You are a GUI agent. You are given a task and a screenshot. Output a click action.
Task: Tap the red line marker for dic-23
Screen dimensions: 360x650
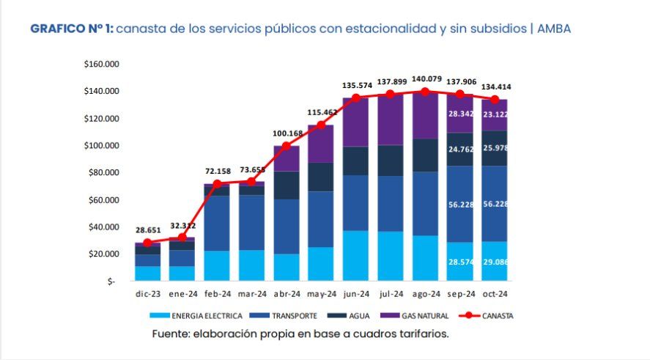point(147,243)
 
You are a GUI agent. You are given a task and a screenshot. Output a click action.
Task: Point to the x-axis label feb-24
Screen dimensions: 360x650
point(217,293)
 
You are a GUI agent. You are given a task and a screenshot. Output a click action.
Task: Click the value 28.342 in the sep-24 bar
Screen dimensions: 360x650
point(459,114)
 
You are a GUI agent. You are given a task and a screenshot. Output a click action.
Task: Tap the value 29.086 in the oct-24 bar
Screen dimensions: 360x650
point(495,261)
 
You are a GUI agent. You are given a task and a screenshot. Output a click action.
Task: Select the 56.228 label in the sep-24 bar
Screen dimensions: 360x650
point(459,205)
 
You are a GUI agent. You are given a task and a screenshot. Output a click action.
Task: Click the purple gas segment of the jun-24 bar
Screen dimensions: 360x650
point(355,122)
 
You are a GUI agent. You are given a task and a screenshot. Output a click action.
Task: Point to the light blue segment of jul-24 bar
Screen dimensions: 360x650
point(391,256)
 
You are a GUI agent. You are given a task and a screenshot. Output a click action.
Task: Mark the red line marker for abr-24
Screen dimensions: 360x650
point(287,147)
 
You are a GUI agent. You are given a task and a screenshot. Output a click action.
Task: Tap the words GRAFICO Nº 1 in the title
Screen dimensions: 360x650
point(71,29)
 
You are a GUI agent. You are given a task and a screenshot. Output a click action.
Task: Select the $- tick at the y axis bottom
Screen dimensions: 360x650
point(111,282)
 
